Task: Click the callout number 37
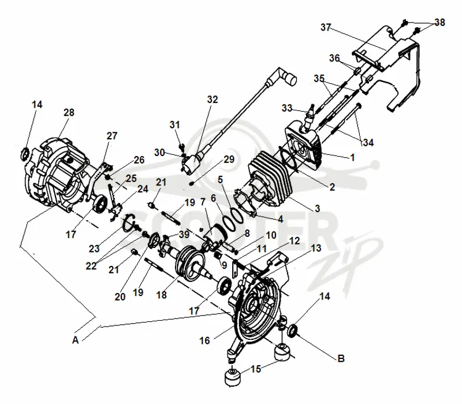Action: (326, 27)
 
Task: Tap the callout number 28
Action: (69, 112)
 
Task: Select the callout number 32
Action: (212, 99)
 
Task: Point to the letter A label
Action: (76, 340)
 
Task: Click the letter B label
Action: (341, 358)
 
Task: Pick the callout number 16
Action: (204, 340)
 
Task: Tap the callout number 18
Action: (162, 295)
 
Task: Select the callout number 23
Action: (94, 249)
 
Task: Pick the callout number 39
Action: (184, 235)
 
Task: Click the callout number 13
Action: (316, 248)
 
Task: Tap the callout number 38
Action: (439, 22)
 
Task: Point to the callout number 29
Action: (229, 160)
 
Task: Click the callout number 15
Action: (256, 369)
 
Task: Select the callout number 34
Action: (368, 142)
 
